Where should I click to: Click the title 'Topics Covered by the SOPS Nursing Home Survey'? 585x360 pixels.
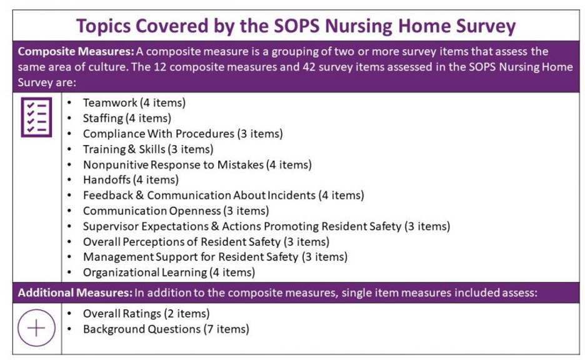(x=296, y=26)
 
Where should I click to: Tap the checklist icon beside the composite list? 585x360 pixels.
(x=36, y=116)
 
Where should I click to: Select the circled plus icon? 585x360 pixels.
(x=36, y=327)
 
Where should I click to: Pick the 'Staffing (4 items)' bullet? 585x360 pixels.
(x=127, y=118)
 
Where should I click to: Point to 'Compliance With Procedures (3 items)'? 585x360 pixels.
(x=182, y=134)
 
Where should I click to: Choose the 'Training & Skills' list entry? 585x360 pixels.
(x=147, y=149)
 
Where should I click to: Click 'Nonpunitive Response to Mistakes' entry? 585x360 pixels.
(x=197, y=164)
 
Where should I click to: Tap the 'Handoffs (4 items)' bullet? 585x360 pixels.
(x=129, y=180)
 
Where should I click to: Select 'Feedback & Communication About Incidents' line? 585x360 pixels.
(x=223, y=195)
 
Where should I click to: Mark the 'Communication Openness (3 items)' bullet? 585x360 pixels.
(x=176, y=211)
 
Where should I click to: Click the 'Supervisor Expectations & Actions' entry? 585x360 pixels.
(x=266, y=226)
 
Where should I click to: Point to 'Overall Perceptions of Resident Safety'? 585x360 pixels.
(x=206, y=241)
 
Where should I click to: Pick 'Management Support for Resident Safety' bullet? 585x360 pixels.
(x=215, y=257)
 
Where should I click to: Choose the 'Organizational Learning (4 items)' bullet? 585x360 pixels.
(x=169, y=272)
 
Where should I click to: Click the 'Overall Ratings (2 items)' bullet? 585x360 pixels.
(x=146, y=313)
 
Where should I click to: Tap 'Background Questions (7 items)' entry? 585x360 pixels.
(x=166, y=329)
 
